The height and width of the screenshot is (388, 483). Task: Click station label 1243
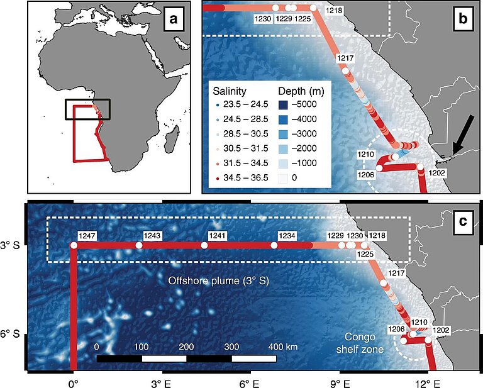(x=152, y=236)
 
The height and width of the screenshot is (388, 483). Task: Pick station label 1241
(x=217, y=236)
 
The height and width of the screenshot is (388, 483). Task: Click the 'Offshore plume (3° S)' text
(x=219, y=280)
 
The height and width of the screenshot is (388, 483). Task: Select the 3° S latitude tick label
(x=13, y=245)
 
